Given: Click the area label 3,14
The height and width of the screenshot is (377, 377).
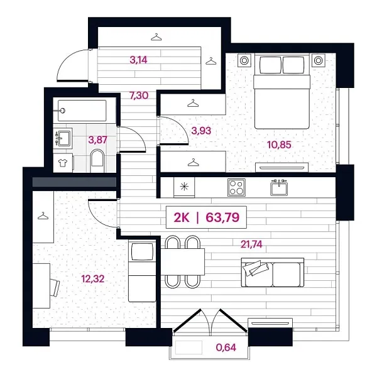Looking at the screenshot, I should (x=138, y=61).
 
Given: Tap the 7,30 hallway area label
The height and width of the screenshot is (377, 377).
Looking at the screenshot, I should (x=139, y=96).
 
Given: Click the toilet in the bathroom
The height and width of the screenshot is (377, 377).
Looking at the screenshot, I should (x=98, y=159).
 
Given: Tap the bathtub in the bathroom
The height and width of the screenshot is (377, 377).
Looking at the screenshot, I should (x=81, y=111).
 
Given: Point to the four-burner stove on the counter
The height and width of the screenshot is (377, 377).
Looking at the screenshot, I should (x=236, y=187).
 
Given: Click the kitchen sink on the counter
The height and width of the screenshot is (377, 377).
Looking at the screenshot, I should (x=279, y=187).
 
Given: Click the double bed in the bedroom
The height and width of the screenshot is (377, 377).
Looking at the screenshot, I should (x=281, y=91).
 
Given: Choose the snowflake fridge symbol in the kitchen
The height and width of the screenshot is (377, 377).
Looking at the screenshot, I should (x=183, y=187).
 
